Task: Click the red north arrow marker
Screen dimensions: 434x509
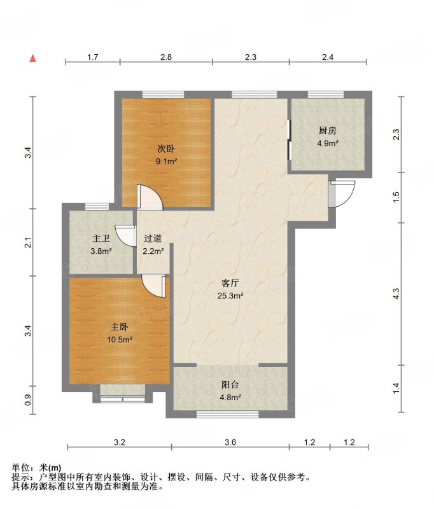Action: (x=33, y=58)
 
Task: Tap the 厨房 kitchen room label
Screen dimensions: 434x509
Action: (x=327, y=131)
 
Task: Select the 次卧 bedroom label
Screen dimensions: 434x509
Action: (x=166, y=149)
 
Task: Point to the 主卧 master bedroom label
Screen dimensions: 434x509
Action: (x=119, y=327)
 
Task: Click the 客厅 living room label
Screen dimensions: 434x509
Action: (x=230, y=283)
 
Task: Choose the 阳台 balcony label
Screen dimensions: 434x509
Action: (x=230, y=385)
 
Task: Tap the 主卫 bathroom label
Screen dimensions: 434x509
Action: (x=101, y=239)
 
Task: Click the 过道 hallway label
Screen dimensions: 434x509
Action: (x=153, y=239)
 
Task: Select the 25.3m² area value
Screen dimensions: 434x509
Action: (x=230, y=295)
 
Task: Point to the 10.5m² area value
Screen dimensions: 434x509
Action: (x=120, y=340)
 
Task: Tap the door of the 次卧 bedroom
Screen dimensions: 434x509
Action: (x=150, y=197)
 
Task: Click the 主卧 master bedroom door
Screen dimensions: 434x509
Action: (x=154, y=286)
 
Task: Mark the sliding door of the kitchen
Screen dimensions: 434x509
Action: (x=289, y=140)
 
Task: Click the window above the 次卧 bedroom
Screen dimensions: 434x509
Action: (x=164, y=94)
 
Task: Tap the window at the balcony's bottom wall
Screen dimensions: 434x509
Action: (x=228, y=414)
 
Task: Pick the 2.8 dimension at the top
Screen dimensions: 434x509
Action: (x=166, y=57)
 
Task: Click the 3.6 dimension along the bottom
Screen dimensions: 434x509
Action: (x=230, y=442)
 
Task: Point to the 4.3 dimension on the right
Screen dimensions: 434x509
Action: (x=396, y=294)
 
